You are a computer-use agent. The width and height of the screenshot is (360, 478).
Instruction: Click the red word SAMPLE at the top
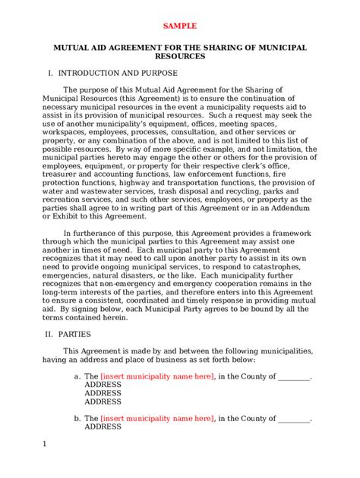(x=180, y=26)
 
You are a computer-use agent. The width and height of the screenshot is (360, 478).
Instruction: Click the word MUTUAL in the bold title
(x=74, y=47)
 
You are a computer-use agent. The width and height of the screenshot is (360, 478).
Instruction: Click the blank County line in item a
(x=295, y=376)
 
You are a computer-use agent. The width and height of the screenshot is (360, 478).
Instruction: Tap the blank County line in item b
(x=295, y=418)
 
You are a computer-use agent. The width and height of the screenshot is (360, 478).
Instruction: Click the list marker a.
(x=77, y=376)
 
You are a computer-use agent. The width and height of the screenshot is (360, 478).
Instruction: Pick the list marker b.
(x=77, y=418)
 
